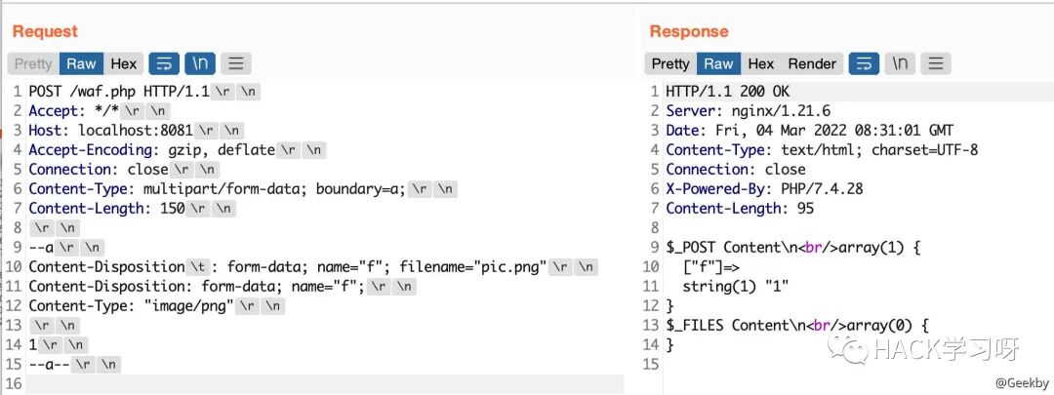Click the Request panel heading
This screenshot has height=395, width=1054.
[x=44, y=31]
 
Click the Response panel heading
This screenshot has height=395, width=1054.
[x=689, y=31]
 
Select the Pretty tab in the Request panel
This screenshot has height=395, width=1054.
[x=33, y=63]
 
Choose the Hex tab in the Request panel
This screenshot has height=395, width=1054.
[x=124, y=63]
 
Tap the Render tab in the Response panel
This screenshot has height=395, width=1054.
[x=812, y=63]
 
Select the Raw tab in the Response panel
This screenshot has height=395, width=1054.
[x=718, y=63]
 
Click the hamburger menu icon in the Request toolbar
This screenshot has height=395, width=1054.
[x=235, y=63]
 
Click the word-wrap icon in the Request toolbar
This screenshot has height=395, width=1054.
[x=164, y=63]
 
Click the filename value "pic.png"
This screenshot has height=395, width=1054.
[x=511, y=266]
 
